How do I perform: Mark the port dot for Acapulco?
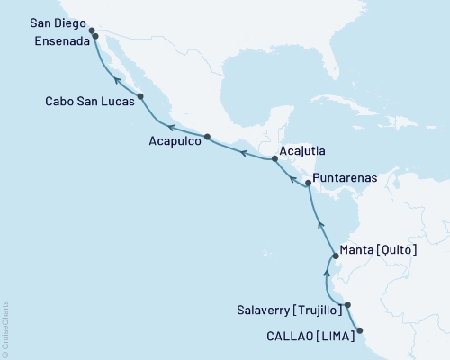(208, 137)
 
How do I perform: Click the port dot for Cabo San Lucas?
(141, 96)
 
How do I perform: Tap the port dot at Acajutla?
(274, 159)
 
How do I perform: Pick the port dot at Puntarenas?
(308, 184)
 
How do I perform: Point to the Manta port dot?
(335, 256)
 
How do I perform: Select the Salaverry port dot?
(347, 305)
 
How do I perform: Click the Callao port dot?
(360, 330)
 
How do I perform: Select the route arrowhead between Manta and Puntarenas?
(319, 219)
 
